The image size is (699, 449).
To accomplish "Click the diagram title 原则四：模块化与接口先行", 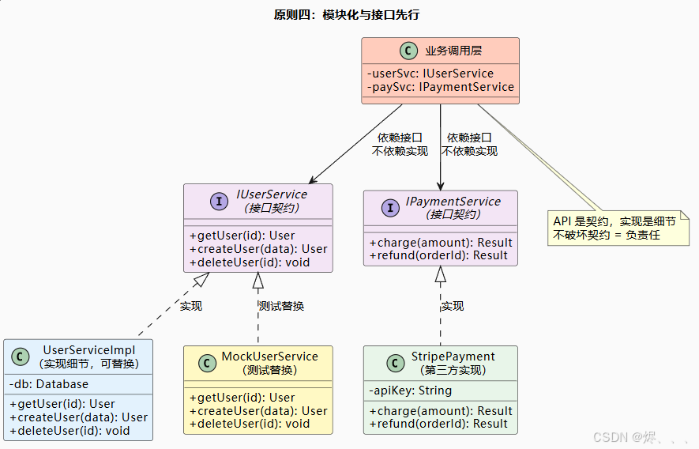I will [346, 15].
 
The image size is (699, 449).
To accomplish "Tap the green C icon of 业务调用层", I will [408, 51].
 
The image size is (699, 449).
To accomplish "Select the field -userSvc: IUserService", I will [430, 74].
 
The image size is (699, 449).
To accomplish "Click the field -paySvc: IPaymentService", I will [440, 87].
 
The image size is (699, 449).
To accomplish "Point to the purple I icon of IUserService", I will [219, 201].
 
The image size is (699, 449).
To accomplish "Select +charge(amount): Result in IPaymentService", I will [440, 243].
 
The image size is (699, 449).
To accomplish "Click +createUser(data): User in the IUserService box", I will [258, 248].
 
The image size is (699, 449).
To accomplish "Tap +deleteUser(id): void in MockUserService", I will [250, 424].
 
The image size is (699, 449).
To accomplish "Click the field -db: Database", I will [49, 384].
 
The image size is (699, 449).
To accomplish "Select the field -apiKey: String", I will [410, 391].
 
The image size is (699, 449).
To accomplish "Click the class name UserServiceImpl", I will [88, 350].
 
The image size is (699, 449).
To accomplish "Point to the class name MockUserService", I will [269, 357].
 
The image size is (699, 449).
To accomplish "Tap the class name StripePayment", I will [453, 357].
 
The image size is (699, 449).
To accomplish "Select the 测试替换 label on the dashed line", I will [281, 306].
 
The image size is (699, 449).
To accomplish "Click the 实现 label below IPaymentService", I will [452, 306].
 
